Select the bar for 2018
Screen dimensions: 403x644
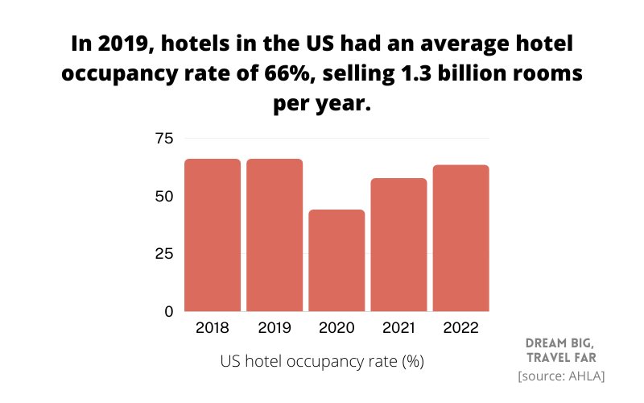[x=213, y=235]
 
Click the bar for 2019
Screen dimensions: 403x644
[x=275, y=235]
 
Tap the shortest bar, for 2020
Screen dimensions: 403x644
[x=336, y=260]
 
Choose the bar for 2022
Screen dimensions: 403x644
[x=460, y=238]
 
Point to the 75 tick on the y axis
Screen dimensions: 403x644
[x=163, y=139]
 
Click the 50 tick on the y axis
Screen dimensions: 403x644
[x=163, y=196]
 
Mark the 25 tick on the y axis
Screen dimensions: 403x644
[x=163, y=254]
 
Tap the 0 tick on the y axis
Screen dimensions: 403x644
[x=168, y=311]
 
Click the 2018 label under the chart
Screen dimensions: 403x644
[x=213, y=328]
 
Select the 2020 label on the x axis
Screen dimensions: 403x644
[x=336, y=328]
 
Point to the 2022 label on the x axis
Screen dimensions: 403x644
[x=460, y=328]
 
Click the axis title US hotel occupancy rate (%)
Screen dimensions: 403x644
[x=322, y=362]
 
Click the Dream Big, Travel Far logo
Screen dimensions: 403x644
[x=561, y=349]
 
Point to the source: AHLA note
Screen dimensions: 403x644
[x=561, y=376]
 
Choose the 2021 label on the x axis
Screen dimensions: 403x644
[x=398, y=328]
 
